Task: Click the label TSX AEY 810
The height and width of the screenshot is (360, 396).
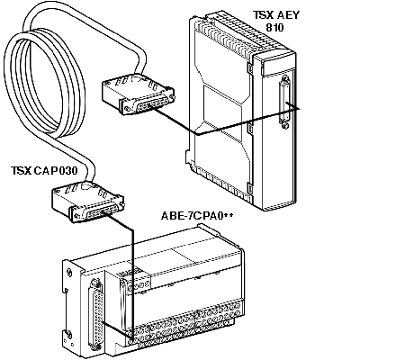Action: (x=276, y=21)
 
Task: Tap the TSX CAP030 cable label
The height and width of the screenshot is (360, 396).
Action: (x=44, y=170)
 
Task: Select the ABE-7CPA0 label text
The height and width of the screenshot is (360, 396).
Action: (x=197, y=216)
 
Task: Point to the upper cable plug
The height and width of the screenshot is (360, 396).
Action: (x=138, y=94)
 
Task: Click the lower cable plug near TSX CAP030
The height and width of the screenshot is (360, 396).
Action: (x=88, y=202)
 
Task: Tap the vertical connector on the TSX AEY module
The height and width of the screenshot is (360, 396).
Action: (x=284, y=102)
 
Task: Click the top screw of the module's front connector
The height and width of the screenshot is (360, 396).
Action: (x=285, y=79)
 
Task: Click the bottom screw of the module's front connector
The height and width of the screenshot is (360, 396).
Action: (x=285, y=126)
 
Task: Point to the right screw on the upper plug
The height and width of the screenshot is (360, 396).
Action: (x=171, y=97)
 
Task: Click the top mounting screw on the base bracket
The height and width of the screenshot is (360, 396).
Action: (x=69, y=272)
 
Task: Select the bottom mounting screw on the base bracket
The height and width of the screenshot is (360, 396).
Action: (x=68, y=334)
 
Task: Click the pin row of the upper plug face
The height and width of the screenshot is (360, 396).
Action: (x=150, y=103)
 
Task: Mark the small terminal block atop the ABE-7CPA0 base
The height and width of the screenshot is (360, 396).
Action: (x=134, y=281)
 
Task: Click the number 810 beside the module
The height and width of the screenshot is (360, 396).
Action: (x=274, y=27)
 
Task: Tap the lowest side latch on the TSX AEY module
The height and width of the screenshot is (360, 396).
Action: (x=249, y=188)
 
